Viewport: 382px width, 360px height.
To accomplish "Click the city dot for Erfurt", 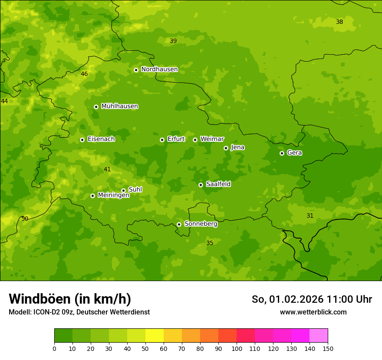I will point(162,140).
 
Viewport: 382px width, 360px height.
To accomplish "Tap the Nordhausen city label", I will point(159,69).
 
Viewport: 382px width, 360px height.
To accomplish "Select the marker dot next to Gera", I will point(282,153).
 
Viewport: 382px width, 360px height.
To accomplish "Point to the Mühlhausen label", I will point(119,106).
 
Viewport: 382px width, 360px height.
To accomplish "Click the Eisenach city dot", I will point(82,140).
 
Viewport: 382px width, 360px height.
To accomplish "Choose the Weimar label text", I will point(212,139).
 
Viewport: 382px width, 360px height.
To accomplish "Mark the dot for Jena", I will point(226,148).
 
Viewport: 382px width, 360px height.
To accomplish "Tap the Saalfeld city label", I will point(218,184).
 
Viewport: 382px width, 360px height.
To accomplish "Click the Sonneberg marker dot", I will point(179,224).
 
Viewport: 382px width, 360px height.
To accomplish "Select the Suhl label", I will point(135,190).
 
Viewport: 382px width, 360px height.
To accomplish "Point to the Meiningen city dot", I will point(92,196).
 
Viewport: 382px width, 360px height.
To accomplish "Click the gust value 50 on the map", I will point(25,219).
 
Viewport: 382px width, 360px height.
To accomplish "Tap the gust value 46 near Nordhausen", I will point(84,74).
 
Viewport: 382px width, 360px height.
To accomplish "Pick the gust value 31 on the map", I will point(310,216).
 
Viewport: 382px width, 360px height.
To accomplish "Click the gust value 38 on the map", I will point(339,22).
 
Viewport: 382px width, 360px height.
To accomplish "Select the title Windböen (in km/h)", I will point(70,299).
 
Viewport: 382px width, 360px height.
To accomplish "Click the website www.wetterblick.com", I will point(313,312).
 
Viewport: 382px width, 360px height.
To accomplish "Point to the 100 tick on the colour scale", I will point(237,348).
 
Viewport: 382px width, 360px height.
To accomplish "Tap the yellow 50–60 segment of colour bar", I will point(155,336).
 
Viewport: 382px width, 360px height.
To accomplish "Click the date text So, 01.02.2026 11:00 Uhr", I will point(312,299).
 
